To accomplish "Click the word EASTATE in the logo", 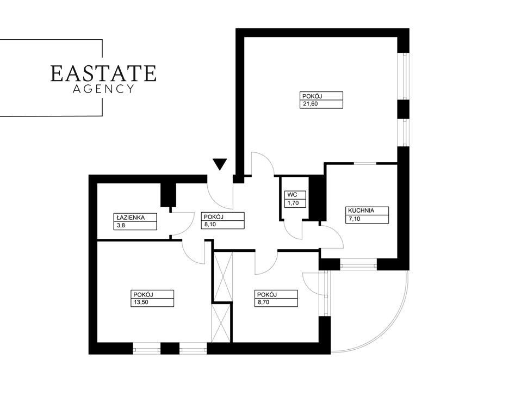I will [x=103, y=73].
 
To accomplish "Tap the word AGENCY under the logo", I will [x=103, y=89].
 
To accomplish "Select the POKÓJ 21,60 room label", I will [x=322, y=101].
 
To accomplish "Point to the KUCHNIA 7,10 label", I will [x=368, y=215].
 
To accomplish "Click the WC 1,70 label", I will [x=296, y=199].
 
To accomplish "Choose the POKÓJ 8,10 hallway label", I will [x=222, y=220].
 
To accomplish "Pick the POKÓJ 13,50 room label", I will [x=153, y=299].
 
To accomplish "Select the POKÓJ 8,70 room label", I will [x=277, y=299].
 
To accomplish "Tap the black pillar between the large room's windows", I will [x=403, y=109].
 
